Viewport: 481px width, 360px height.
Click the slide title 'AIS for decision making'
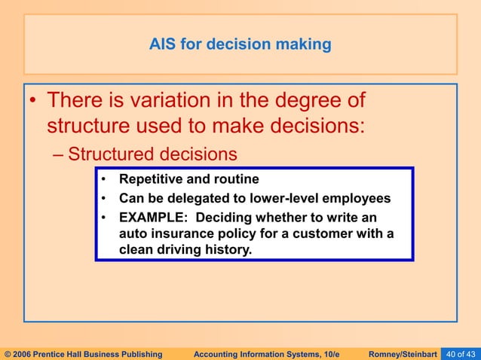click(240, 44)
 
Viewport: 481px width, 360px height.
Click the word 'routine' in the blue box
click(234, 179)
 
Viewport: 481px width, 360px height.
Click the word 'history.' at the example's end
click(227, 249)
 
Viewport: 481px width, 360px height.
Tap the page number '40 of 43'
click(461, 353)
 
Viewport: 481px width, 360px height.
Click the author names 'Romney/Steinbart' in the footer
click(403, 353)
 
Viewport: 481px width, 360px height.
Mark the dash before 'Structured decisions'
click(60, 154)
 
